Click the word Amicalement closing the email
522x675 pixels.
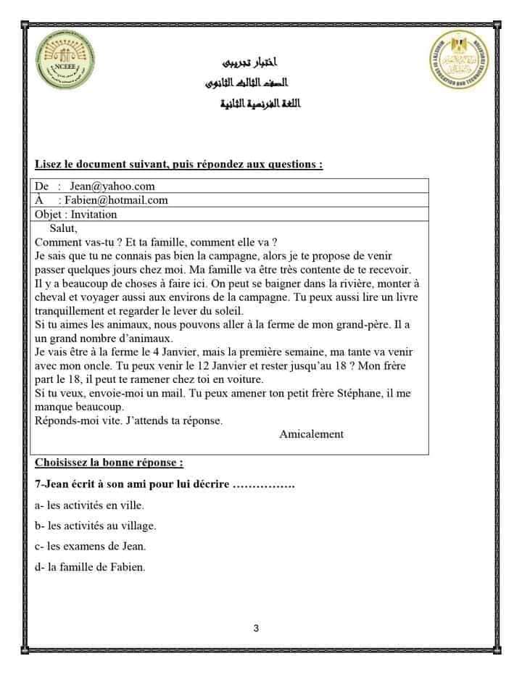tap(311, 434)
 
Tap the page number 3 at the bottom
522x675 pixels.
tap(257, 629)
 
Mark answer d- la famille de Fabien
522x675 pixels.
tap(90, 567)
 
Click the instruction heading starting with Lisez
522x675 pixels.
tap(178, 164)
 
